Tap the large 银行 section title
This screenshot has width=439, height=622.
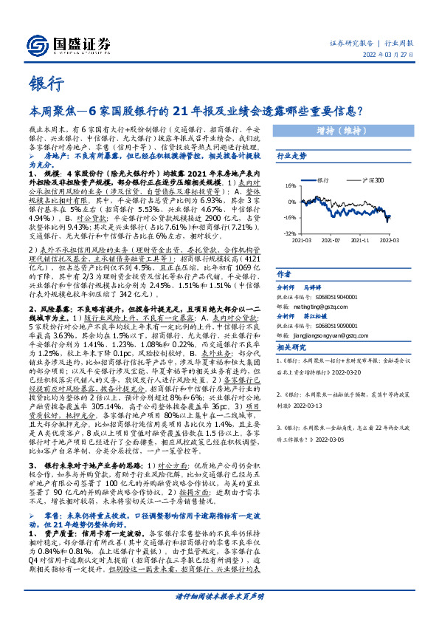pos(46,83)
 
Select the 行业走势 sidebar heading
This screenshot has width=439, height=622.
pos(291,157)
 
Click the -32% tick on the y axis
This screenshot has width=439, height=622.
pos(289,233)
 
